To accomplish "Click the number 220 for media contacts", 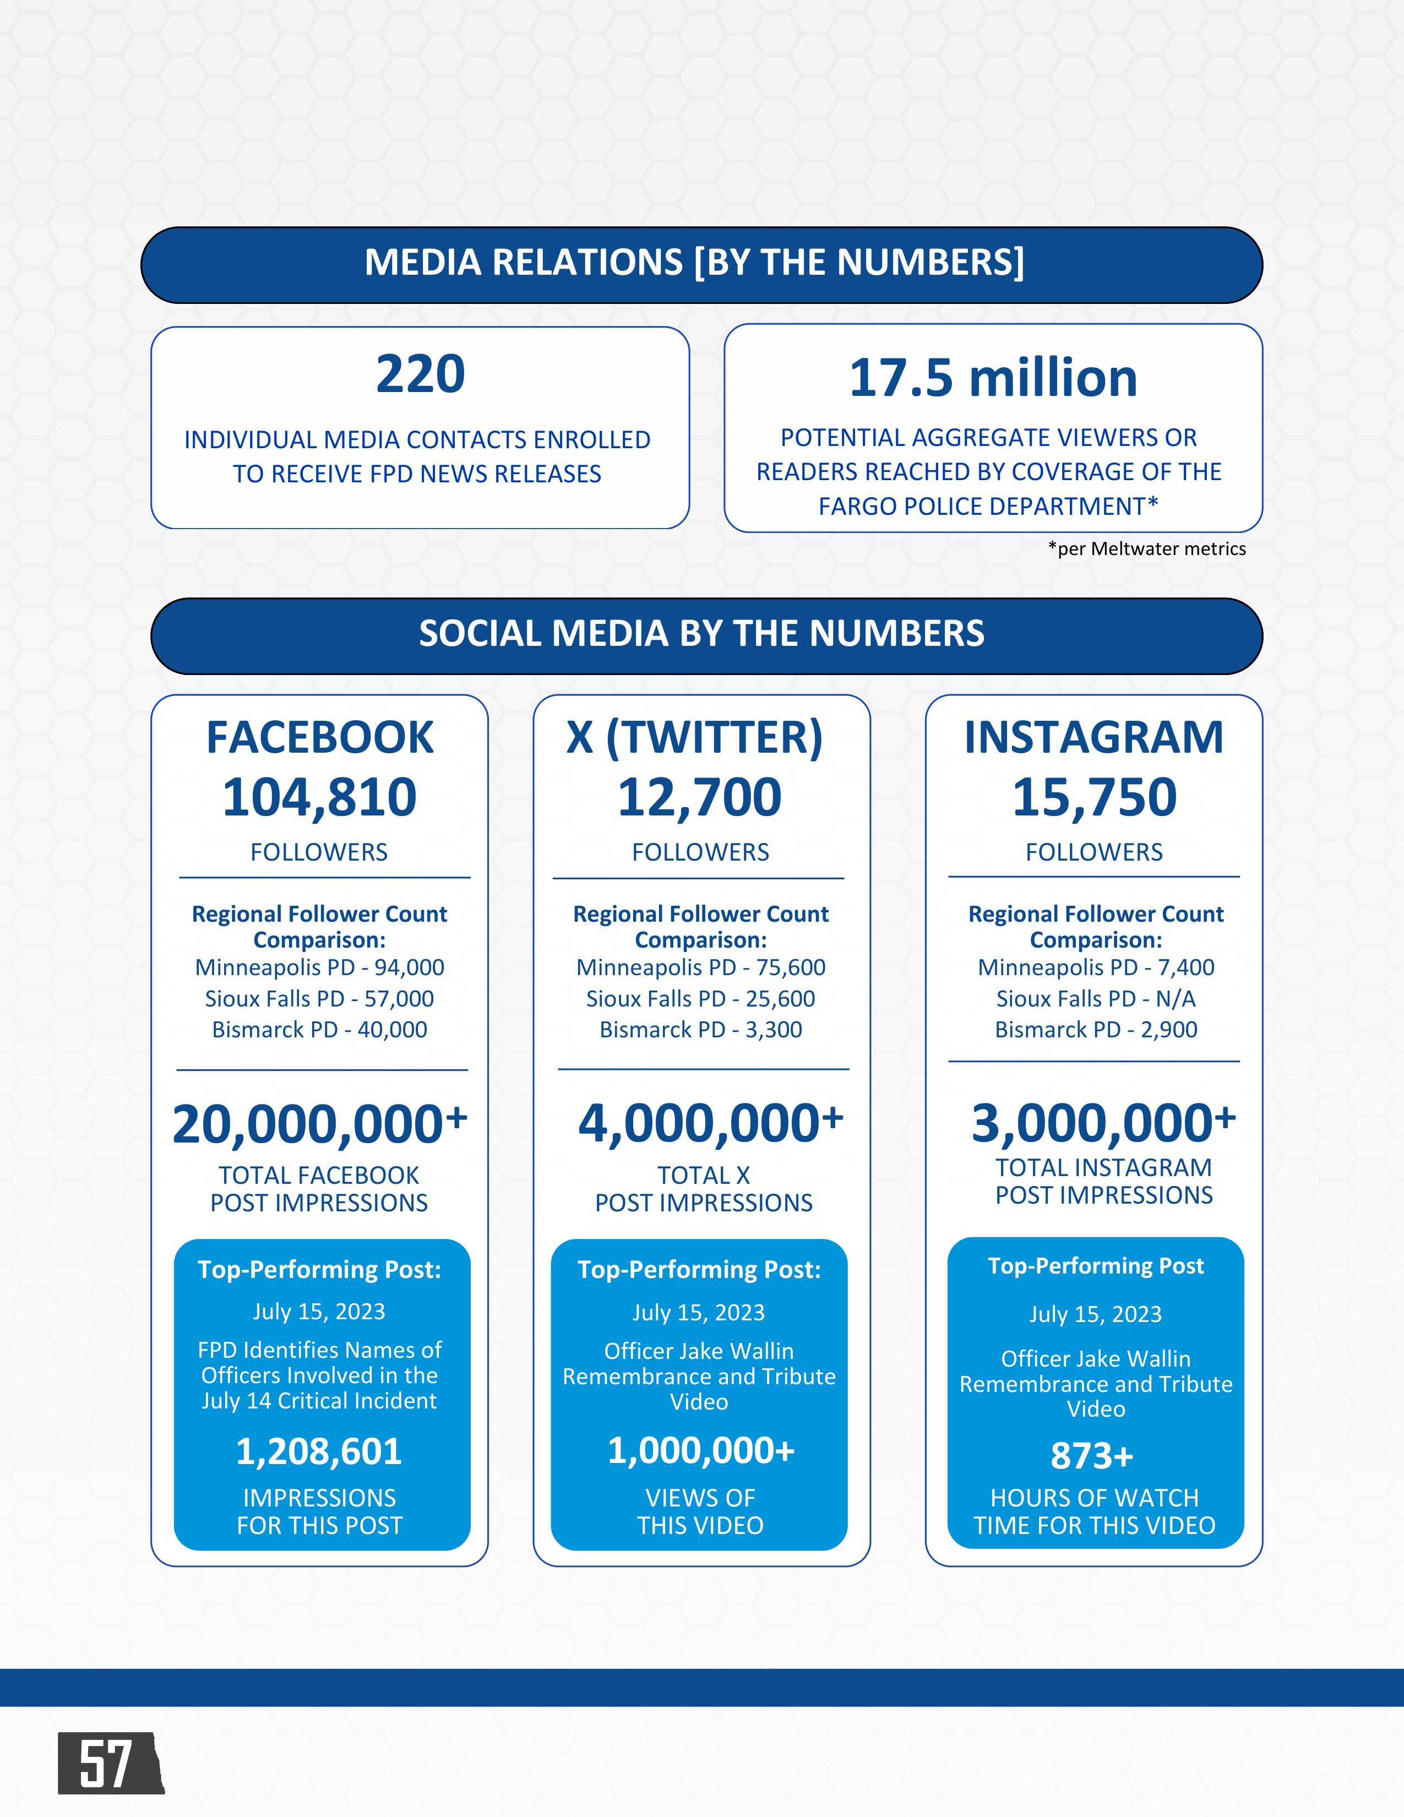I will (420, 374).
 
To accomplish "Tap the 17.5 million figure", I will (992, 379).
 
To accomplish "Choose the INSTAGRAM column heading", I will (1094, 738).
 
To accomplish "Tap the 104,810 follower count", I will (319, 797).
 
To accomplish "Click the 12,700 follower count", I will (699, 797).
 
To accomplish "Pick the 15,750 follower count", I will (1094, 797).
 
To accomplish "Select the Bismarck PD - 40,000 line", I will (319, 1030).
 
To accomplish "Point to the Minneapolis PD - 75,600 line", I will (700, 967).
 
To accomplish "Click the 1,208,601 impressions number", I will (319, 1452).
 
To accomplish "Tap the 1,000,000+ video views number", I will (700, 1451).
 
